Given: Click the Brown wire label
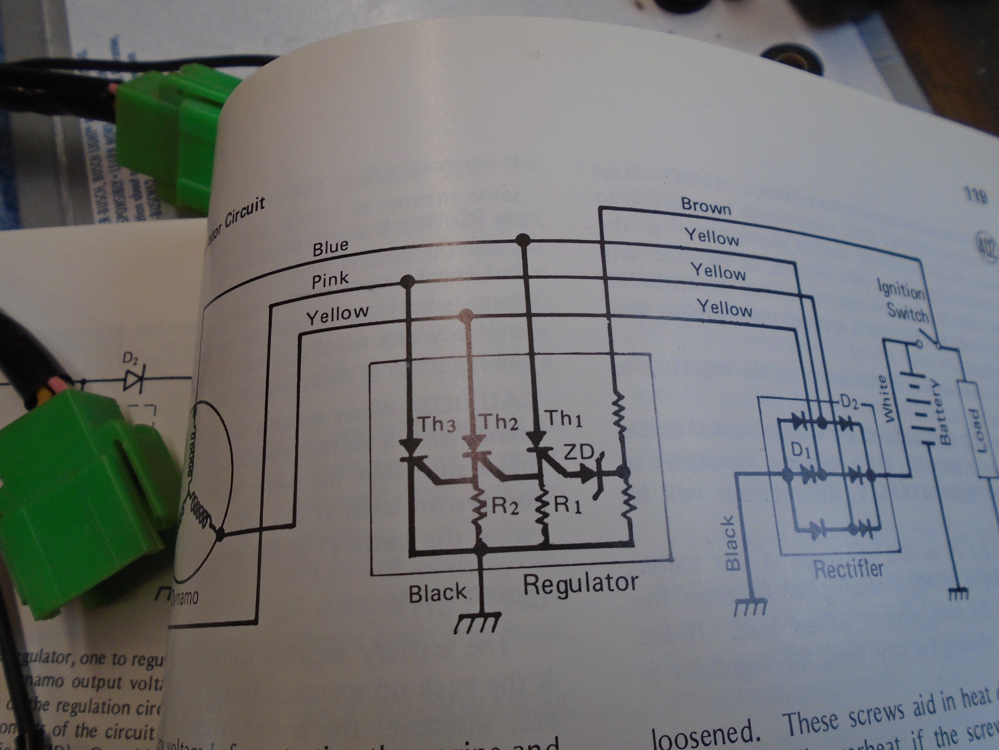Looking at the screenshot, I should pos(705,206).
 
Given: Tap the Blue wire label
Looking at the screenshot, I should pos(331,248).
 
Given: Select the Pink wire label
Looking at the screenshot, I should pos(331,280).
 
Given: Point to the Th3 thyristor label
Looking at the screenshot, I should pos(437,425).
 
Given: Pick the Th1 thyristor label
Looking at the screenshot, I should pos(564,418).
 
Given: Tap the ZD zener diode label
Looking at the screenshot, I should pos(579,451).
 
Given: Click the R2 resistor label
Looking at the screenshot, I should pos(506,506).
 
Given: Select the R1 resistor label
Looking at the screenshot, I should pos(569,504).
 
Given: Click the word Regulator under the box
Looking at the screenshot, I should pos(580,584).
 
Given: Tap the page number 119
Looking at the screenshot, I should pos(975,196).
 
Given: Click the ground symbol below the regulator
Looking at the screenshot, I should pos(479,622).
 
